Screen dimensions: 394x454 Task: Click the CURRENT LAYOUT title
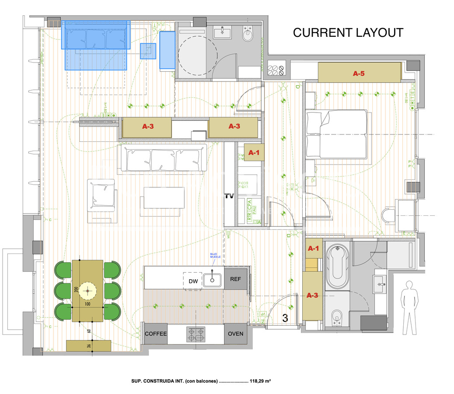pyautogui.click(x=348, y=33)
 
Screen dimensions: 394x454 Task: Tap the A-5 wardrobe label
pyautogui.click(x=359, y=74)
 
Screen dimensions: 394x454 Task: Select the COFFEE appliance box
pyautogui.click(x=156, y=334)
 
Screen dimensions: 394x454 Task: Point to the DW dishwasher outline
pyautogui.click(x=193, y=281)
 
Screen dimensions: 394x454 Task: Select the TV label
pyautogui.click(x=229, y=196)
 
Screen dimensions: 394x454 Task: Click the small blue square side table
pyautogui.click(x=148, y=51)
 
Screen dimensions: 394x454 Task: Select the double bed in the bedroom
pyautogui.click(x=337, y=134)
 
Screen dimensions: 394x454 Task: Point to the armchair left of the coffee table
pyautogui.click(x=102, y=193)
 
